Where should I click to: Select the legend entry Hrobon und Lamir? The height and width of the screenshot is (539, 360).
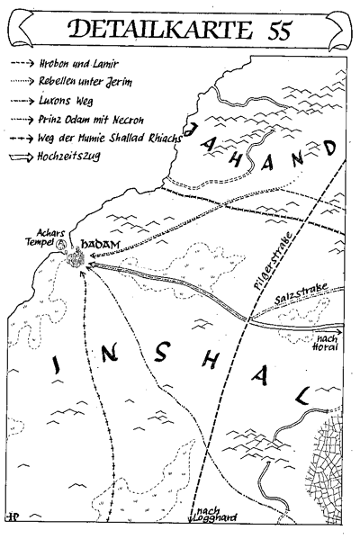(73, 65)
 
